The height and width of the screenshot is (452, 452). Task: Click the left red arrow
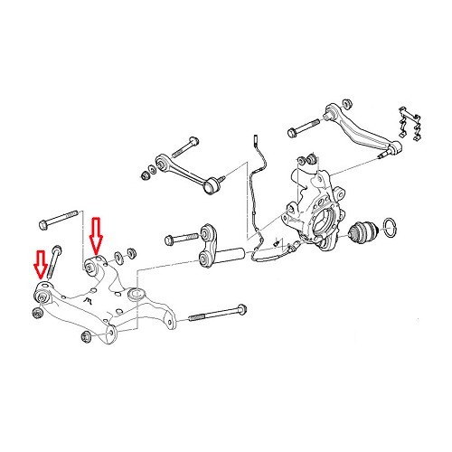[39, 262]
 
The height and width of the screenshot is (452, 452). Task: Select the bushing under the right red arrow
[93, 267]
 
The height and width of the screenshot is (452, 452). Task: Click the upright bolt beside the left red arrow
[53, 261]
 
